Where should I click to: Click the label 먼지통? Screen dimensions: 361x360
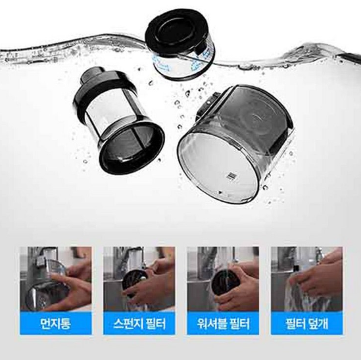[55, 323]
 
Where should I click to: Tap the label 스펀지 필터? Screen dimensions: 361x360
[139, 323]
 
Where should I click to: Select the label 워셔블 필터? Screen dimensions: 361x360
[223, 323]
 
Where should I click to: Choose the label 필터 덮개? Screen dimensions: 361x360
[306, 323]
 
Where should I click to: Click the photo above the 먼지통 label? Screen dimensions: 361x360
[56, 279]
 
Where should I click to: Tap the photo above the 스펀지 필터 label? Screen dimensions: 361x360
[139, 279]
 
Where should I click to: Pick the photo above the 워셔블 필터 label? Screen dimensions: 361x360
[223, 279]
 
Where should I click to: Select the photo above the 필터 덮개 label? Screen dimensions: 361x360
[306, 279]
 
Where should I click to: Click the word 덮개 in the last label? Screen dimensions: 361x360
[319, 323]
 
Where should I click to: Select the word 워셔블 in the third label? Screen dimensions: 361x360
[209, 323]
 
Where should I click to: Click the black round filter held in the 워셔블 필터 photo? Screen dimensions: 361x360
[224, 286]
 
